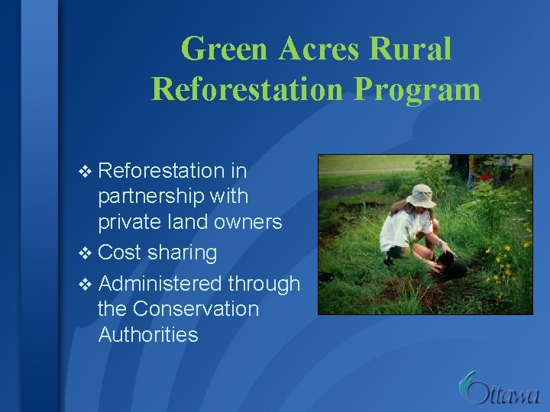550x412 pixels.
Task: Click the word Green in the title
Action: pos(225,50)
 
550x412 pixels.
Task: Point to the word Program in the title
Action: pos(417,89)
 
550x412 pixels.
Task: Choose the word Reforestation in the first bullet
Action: pos(161,170)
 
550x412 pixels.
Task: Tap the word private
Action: pos(128,222)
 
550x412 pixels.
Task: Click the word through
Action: pos(264,284)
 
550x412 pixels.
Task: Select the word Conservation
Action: pos(196,309)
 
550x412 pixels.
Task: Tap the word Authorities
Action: pos(148,335)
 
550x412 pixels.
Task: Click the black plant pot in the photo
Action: pos(452,266)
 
